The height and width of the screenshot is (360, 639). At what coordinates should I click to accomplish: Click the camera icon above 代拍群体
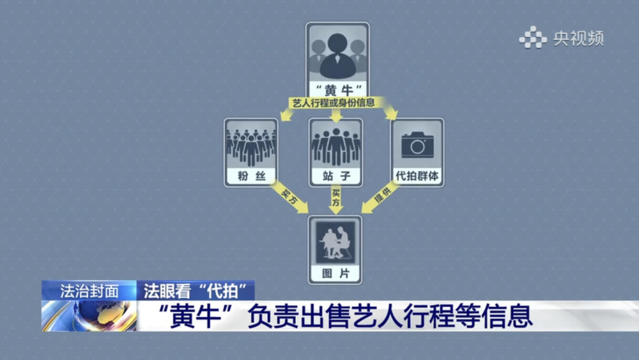coord(417,145)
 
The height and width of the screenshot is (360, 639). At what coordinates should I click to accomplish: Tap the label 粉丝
coord(251,176)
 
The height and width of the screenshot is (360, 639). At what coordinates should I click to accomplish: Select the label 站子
coord(336,176)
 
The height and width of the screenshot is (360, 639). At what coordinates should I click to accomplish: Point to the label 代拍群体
coord(417,176)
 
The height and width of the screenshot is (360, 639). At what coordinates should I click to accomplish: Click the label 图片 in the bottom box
coord(335,273)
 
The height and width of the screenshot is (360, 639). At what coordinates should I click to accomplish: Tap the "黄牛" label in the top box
coord(338,90)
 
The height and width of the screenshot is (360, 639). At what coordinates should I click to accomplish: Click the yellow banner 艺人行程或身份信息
coord(334,103)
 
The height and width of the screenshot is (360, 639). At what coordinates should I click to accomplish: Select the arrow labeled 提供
coord(380,197)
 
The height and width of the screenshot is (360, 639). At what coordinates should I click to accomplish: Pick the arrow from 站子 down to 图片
coord(336,200)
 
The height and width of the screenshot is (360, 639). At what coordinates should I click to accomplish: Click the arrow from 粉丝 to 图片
coord(289,197)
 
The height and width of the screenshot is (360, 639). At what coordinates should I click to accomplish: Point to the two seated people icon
coord(335,242)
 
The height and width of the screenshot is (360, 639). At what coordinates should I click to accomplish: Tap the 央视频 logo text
coord(578,39)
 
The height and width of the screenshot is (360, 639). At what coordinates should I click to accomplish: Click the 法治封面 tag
coord(89,291)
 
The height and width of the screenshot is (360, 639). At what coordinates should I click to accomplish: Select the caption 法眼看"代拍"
coord(195,291)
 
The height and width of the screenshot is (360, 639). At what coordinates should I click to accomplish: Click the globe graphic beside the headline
coord(89,316)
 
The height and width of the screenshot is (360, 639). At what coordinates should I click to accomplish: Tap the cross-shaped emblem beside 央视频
coord(533,38)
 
